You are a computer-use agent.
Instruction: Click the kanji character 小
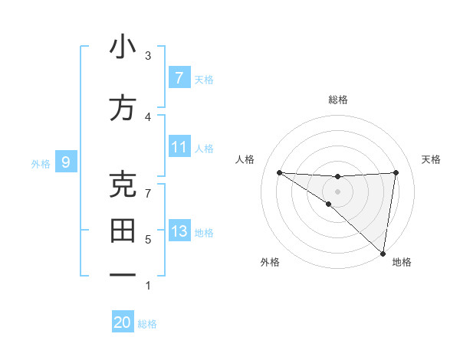pos(123,47)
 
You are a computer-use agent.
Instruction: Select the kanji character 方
pos(123,108)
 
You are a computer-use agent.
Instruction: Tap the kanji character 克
pos(123,185)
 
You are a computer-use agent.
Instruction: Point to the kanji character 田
pos(123,231)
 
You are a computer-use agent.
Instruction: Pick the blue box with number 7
pos(179,78)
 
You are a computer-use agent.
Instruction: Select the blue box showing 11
pos(179,146)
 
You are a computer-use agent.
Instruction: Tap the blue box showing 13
pos(179,231)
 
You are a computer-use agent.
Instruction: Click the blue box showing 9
pos(67,162)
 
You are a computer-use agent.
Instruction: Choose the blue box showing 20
pos(123,322)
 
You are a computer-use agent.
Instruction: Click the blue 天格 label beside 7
pos(204,79)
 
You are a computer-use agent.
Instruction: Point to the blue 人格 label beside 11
pos(204,147)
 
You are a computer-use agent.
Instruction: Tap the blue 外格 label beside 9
pos(41,162)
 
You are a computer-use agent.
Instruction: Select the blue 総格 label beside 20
pos(147,324)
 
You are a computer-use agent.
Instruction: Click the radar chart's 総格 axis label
pos(337,100)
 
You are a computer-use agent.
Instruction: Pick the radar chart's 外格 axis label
pos(270,262)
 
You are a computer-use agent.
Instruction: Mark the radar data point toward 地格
pos(383,253)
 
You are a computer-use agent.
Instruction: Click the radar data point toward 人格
pos(279,172)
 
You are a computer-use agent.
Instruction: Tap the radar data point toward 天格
pos(396,172)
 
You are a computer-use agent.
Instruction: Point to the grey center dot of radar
pos(337,191)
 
